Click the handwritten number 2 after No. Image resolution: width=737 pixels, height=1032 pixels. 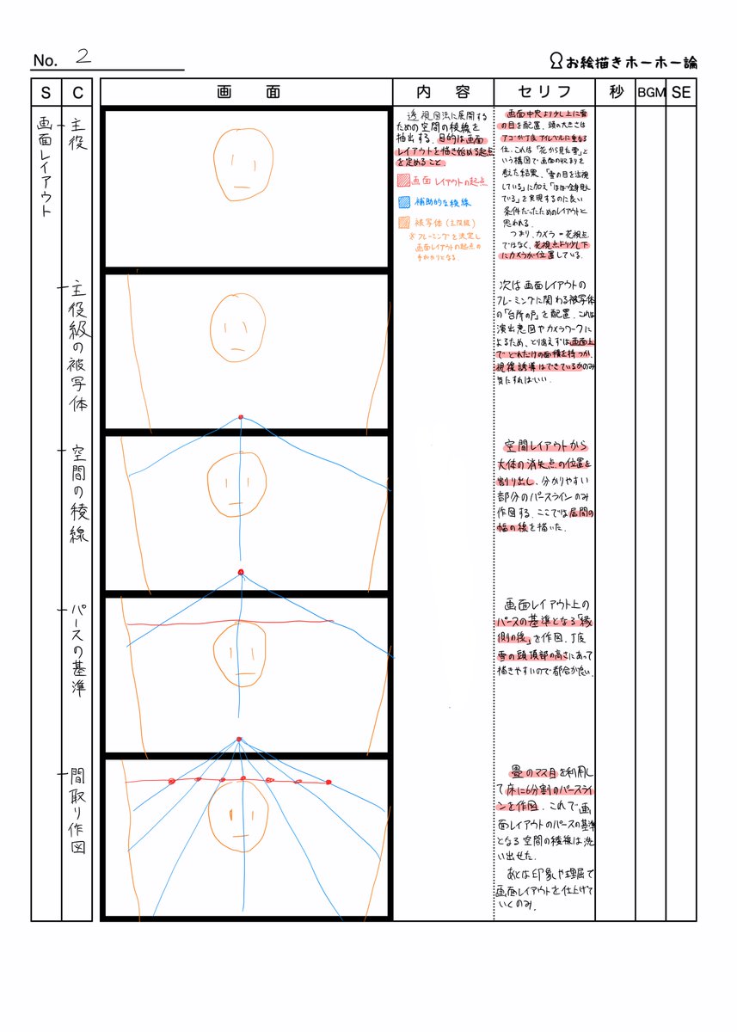[x=83, y=57]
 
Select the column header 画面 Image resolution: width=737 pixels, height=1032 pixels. [x=247, y=92]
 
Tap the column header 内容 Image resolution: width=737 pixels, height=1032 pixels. [x=443, y=92]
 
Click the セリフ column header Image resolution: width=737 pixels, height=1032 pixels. [x=544, y=92]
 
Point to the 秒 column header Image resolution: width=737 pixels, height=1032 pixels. [x=615, y=92]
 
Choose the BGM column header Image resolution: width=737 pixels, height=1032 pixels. [x=651, y=93]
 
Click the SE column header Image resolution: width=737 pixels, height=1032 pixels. [x=681, y=92]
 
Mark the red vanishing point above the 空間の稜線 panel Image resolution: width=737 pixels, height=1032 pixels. [x=241, y=417]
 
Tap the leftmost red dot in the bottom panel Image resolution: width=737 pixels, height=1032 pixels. [x=171, y=781]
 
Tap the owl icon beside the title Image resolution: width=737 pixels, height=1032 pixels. [x=556, y=61]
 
